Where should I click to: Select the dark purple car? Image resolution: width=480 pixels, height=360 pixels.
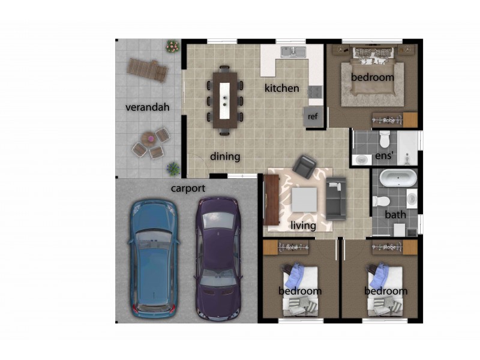218,259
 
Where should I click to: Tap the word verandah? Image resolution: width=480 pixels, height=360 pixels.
148,107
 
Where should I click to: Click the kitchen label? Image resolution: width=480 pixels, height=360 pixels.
281,88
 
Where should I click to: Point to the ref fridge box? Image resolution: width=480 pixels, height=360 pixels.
313,116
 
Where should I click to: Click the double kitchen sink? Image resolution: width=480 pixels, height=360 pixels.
293,52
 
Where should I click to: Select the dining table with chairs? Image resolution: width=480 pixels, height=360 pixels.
225,100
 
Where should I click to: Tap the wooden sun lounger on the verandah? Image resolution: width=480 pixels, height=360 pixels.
148,70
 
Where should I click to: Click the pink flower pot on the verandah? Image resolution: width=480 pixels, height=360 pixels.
173,46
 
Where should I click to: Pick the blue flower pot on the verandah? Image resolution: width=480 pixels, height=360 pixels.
173,169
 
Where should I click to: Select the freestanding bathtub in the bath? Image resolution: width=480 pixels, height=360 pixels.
398,178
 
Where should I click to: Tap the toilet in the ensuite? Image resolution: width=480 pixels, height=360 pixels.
385,139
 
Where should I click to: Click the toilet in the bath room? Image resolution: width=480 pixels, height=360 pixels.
381,202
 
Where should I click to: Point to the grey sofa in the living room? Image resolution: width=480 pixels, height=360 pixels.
336,198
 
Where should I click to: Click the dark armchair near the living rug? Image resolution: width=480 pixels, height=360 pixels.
304,166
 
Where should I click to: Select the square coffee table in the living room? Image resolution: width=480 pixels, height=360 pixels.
304,200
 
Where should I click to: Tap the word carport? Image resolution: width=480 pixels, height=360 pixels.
188,188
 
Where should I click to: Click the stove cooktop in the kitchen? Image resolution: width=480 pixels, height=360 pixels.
316,92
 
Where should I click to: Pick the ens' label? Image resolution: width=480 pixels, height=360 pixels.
384,155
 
